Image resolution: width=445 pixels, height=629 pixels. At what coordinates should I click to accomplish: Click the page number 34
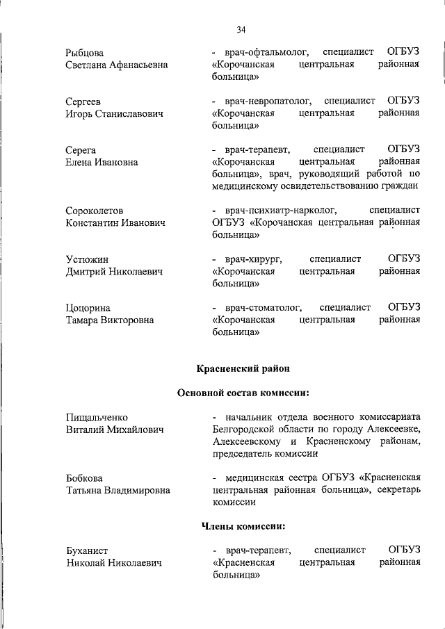click(x=241, y=29)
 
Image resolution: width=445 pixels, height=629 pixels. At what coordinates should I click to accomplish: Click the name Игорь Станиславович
click(x=115, y=114)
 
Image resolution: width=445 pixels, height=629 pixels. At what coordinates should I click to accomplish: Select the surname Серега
click(x=81, y=150)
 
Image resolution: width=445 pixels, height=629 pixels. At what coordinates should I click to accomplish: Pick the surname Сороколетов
click(x=95, y=211)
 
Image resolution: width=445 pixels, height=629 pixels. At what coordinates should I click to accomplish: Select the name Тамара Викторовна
click(x=111, y=320)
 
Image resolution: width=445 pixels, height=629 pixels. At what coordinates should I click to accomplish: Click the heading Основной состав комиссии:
click(x=243, y=393)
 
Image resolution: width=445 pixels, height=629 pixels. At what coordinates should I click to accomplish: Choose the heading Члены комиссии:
click(x=243, y=526)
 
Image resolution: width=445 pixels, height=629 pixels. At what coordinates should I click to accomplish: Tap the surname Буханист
click(x=88, y=550)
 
